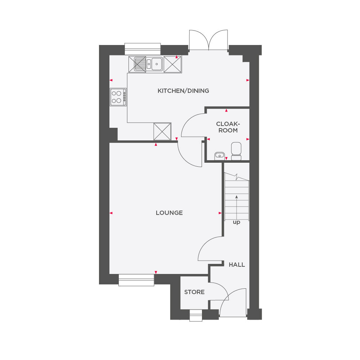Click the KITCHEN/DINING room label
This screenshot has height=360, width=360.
coord(183,91)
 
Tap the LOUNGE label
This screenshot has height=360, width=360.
coord(169,213)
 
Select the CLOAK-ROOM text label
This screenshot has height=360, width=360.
coord(228,127)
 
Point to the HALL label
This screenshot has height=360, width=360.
coord(237,265)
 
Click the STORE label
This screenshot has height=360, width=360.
coord(194,292)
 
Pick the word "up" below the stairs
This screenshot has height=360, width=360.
coord(237,222)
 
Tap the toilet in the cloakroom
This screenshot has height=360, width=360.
coord(236,150)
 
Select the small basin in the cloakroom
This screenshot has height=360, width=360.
coord(219,156)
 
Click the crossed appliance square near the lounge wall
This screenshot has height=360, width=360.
coord(162,131)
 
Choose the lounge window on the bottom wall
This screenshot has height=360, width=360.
coord(136,280)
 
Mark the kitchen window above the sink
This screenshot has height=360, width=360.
coord(142,49)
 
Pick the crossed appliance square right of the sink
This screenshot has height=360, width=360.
coord(173,64)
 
